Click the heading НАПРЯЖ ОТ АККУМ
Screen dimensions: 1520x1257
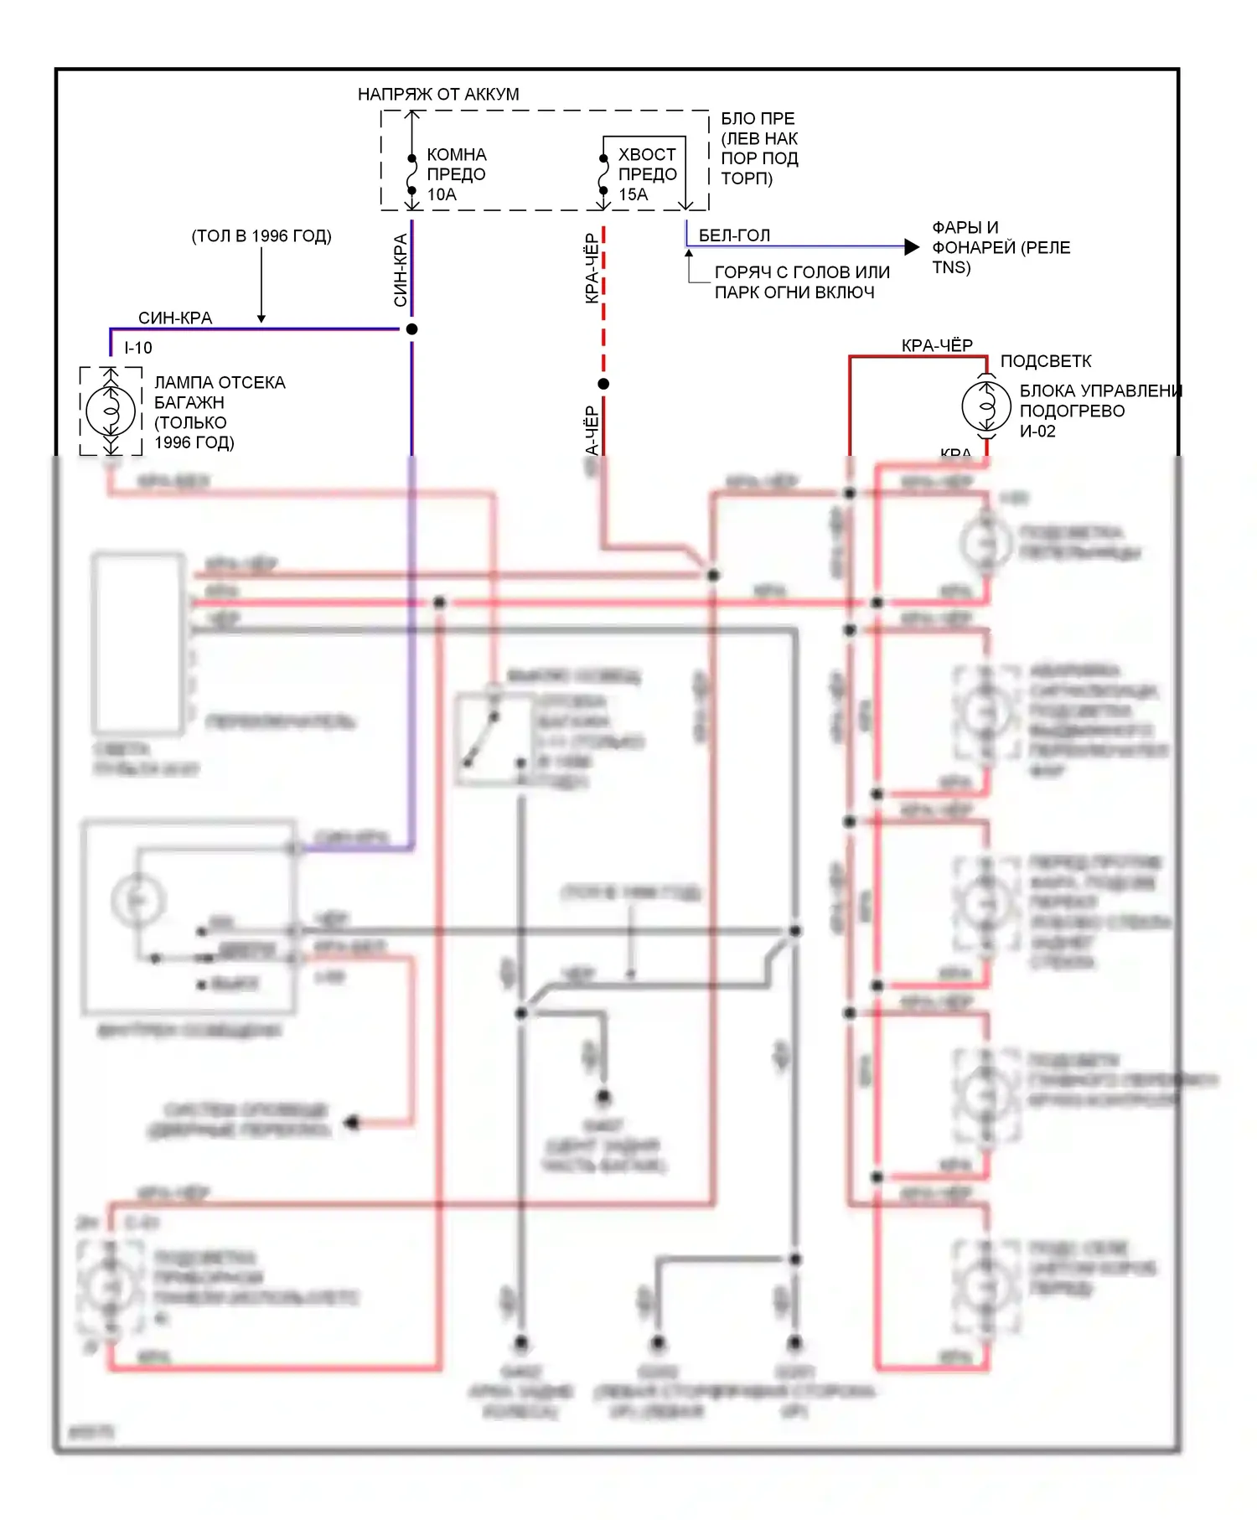pyautogui.click(x=438, y=94)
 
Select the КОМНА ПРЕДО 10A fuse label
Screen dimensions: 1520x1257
pyautogui.click(x=456, y=174)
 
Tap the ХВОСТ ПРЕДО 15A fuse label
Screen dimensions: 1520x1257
pyautogui.click(x=647, y=174)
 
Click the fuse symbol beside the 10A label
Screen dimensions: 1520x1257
pyautogui.click(x=411, y=175)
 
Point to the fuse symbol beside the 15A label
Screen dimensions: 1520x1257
pyautogui.click(x=603, y=175)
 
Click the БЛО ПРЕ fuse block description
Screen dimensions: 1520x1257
pyautogui.click(x=759, y=148)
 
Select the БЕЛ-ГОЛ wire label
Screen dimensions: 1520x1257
pyautogui.click(x=734, y=235)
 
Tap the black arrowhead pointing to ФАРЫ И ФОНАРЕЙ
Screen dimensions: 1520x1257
pyautogui.click(x=912, y=246)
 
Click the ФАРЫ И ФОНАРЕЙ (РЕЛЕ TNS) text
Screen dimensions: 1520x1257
pyautogui.click(x=1001, y=247)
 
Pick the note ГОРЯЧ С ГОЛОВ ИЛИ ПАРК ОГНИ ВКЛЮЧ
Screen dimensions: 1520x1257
pyautogui.click(x=801, y=282)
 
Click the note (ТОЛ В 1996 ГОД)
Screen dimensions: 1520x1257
pyautogui.click(x=261, y=235)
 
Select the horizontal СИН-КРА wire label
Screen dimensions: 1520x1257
pyautogui.click(x=175, y=318)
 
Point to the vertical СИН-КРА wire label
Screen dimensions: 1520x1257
pyautogui.click(x=401, y=270)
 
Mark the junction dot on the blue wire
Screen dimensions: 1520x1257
pyautogui.click(x=411, y=329)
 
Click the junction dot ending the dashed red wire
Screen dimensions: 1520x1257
pyautogui.click(x=603, y=384)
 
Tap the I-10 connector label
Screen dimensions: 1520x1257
pyautogui.click(x=138, y=348)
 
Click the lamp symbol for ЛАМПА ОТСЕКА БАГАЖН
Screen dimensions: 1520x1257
pyautogui.click(x=111, y=411)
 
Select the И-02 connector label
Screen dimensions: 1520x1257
pyautogui.click(x=1037, y=431)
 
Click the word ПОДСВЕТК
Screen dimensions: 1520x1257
pyautogui.click(x=1046, y=361)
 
